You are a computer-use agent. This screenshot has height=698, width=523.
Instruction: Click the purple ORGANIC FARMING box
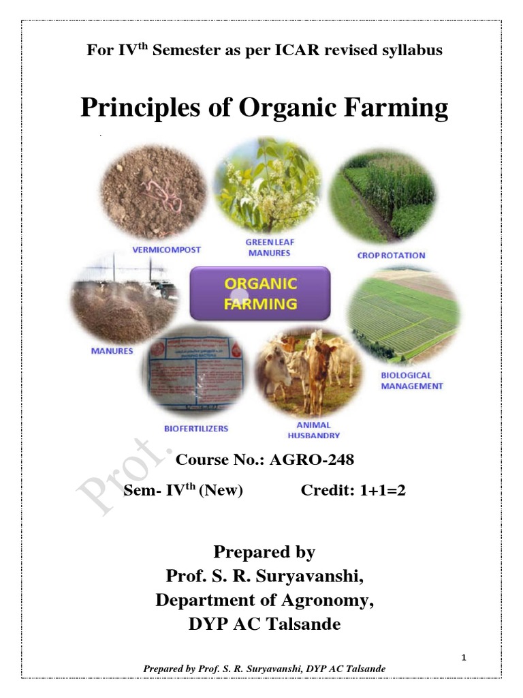coord(259,293)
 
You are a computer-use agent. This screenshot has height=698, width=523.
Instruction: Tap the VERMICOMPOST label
coord(166,250)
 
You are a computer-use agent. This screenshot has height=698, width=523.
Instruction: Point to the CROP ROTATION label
coord(391,256)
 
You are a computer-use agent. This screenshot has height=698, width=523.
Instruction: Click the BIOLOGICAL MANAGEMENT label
coord(411,380)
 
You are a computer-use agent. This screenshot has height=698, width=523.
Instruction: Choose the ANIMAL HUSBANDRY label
coord(313,429)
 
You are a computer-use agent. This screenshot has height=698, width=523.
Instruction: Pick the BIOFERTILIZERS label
coord(196,429)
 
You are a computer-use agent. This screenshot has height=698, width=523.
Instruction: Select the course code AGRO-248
coord(312,460)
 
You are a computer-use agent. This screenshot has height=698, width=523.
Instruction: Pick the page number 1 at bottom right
coord(462,657)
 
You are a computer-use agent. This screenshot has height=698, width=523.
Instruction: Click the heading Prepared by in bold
coord(264,551)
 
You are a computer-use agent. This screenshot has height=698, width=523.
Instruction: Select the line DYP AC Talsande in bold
coord(264,624)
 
